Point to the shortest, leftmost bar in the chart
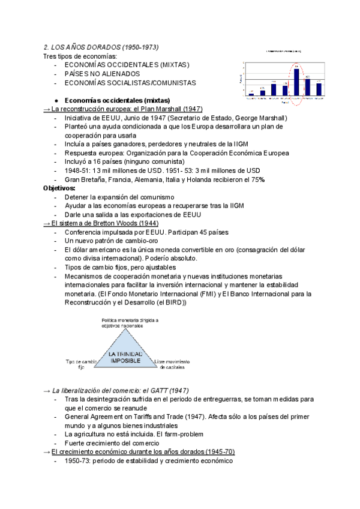tap(251, 94)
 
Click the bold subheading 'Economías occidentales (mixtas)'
tap(116, 100)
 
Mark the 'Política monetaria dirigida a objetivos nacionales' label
tap(130, 324)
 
